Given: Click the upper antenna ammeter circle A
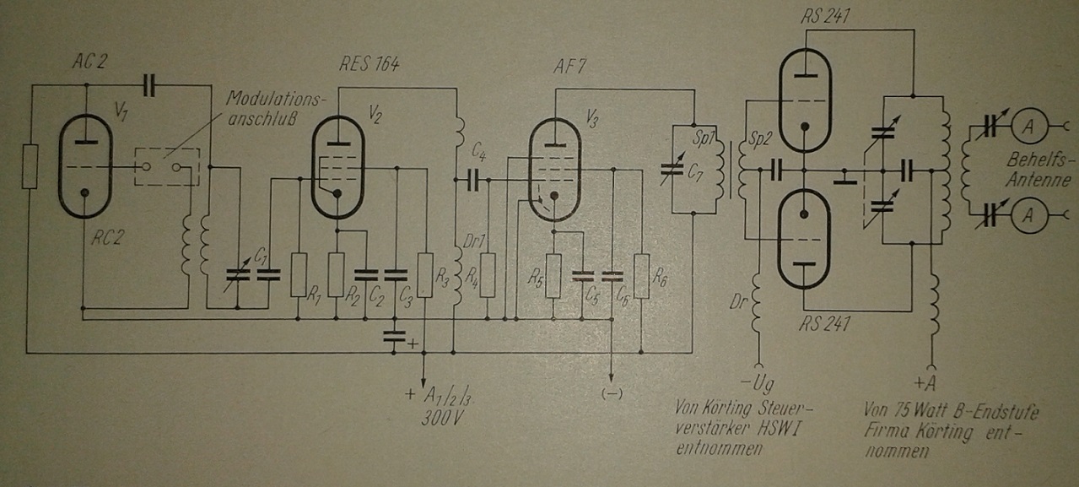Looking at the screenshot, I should coord(1029,126).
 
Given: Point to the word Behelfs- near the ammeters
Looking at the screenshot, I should coord(1039,160).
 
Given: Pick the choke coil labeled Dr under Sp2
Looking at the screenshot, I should coord(758,300).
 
